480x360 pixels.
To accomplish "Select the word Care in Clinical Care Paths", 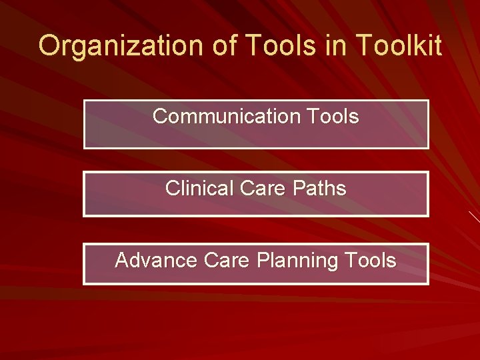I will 259,189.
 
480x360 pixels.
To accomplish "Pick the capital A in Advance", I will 122,260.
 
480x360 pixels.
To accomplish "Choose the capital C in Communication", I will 161,117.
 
